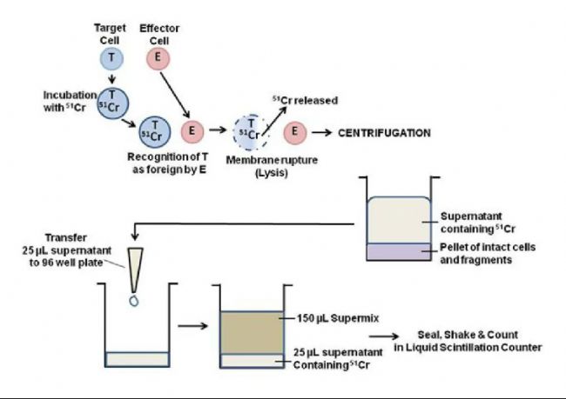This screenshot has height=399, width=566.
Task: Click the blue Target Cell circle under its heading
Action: click(x=111, y=58)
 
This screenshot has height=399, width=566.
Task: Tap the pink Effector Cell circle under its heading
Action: click(x=158, y=58)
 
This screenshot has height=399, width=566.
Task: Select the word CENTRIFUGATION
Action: click(x=384, y=133)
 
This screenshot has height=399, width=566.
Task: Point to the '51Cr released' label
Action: click(x=305, y=100)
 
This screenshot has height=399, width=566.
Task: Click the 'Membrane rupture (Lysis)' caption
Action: click(x=272, y=166)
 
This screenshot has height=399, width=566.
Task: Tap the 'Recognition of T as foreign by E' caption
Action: click(x=168, y=163)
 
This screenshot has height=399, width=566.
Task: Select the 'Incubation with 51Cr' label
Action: click(x=70, y=102)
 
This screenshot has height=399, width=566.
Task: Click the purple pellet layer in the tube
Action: click(x=399, y=252)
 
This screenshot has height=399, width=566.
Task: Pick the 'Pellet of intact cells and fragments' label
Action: click(x=488, y=253)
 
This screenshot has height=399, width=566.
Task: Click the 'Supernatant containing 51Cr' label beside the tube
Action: click(x=477, y=223)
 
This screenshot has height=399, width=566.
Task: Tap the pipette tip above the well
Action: click(x=135, y=270)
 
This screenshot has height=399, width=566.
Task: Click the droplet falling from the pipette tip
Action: click(x=134, y=301)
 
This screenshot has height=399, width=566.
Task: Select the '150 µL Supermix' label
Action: click(x=338, y=318)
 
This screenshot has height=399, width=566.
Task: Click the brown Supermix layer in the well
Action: click(x=252, y=332)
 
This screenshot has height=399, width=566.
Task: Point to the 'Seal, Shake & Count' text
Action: click(x=468, y=335)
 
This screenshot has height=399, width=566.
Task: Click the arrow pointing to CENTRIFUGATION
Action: click(x=322, y=133)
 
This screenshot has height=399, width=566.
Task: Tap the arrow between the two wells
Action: click(x=193, y=326)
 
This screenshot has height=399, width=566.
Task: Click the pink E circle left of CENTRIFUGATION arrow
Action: click(x=294, y=132)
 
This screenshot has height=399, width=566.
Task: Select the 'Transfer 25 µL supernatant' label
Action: click(x=67, y=244)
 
